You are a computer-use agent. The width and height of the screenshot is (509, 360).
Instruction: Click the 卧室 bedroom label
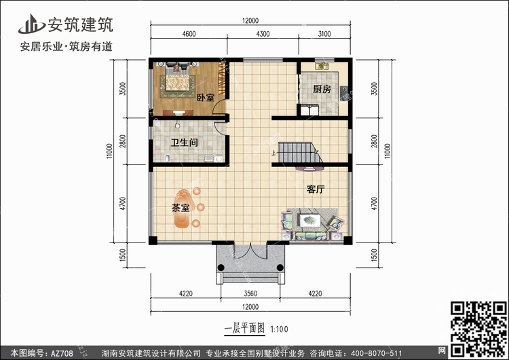click(206, 98)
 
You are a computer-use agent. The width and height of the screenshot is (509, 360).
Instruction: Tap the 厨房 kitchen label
click(322, 89)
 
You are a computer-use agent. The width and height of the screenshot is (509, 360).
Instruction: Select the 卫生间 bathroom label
click(185, 143)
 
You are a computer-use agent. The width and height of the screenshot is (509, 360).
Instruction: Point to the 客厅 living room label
click(316, 190)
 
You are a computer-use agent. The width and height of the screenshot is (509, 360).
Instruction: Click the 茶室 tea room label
click(181, 208)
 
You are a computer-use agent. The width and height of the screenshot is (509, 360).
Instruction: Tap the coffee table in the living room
click(309, 221)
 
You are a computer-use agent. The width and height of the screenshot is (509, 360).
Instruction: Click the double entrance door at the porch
click(250, 251)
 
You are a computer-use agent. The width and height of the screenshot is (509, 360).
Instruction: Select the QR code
click(478, 329)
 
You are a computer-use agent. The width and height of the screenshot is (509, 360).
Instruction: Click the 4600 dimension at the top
click(189, 34)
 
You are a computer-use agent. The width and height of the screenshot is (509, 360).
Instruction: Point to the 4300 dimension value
click(263, 34)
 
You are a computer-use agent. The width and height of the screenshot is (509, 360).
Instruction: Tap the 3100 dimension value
click(324, 34)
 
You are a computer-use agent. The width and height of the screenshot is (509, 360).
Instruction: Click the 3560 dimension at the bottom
click(250, 293)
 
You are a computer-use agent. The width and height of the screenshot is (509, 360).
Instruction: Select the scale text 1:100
click(279, 329)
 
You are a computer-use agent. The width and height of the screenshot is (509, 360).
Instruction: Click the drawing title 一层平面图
click(244, 328)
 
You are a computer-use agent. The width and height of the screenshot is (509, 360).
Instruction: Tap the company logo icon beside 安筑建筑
click(31, 24)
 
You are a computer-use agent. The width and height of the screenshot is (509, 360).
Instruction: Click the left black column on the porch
click(221, 268)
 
